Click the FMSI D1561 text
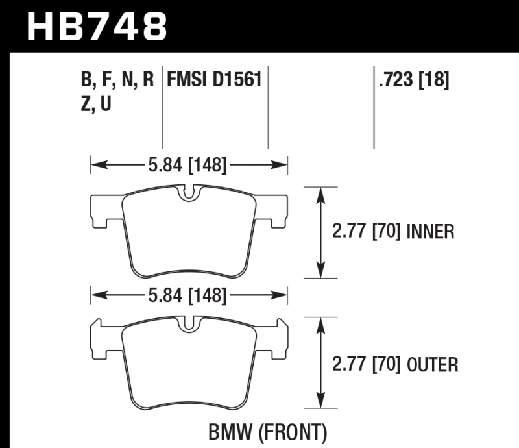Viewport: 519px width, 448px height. click(214, 81)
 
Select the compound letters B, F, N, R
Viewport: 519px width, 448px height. click(117, 81)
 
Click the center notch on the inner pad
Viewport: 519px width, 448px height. click(189, 193)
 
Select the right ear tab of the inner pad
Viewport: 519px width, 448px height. click(276, 212)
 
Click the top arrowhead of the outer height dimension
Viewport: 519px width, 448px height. click(320, 323)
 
